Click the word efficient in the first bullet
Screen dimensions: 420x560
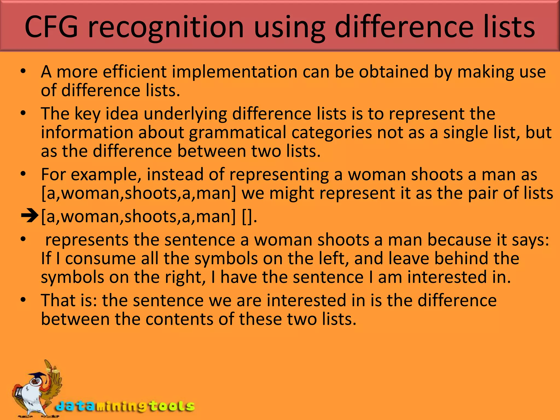[135, 72]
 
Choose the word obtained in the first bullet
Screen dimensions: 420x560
[393, 72]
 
